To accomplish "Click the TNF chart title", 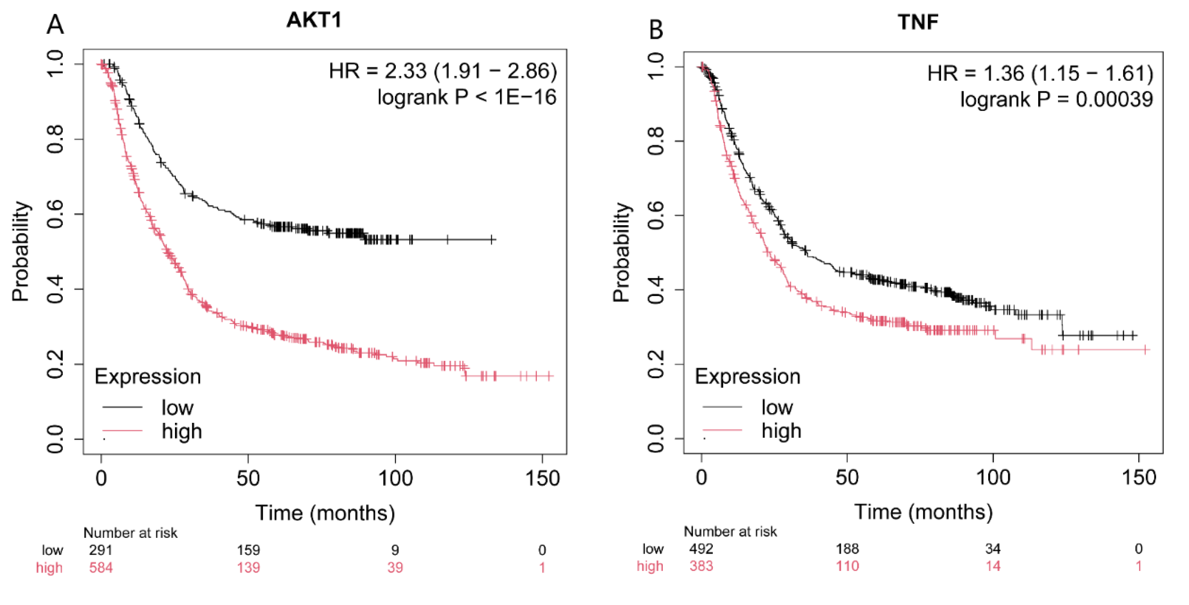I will (x=918, y=22).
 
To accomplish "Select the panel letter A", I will (x=55, y=25).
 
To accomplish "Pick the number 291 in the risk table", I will (x=101, y=550).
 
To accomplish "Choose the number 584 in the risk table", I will (x=101, y=567).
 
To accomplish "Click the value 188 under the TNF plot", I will (x=847, y=548).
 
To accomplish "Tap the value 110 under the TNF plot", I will (x=847, y=566).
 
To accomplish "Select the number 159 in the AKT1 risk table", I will (x=248, y=550).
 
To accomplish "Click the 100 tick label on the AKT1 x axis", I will (x=395, y=478).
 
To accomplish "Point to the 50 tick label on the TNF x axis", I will (x=847, y=477).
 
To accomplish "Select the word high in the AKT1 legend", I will (x=182, y=431).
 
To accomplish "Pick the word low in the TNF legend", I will (x=777, y=407).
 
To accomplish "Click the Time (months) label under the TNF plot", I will (x=923, y=512).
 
